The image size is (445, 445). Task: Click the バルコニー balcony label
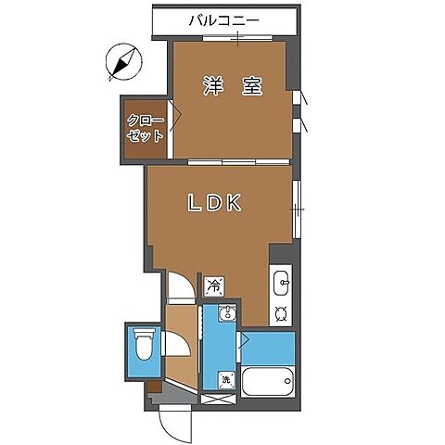tap(224, 21)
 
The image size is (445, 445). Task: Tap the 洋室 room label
tap(233, 85)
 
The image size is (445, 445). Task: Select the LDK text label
tap(214, 203)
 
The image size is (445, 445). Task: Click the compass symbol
tap(123, 62)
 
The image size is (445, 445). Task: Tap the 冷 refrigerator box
tap(214, 286)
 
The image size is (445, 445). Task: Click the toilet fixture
tap(144, 344)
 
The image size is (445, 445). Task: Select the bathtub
tap(268, 381)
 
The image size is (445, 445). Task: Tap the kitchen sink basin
tap(281, 283)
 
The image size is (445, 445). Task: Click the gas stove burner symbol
tap(281, 314)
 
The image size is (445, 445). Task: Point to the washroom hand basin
tap(227, 312)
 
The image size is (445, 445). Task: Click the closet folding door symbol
tap(175, 116)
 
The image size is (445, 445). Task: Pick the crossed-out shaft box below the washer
tap(219, 399)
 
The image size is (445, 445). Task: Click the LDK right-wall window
tap(297, 210)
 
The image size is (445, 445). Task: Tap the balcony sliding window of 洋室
tap(238, 38)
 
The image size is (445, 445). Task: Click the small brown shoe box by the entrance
tap(154, 387)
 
